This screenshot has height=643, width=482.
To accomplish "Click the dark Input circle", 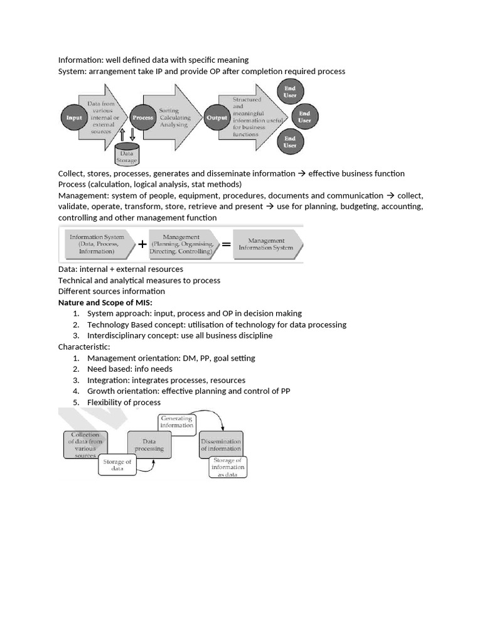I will (74, 117).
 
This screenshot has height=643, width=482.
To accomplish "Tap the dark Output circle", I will (215, 117).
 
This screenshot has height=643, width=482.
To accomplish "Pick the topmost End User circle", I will (289, 92).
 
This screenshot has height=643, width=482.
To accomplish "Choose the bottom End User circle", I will (289, 141).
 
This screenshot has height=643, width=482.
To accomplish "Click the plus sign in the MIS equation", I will (142, 244).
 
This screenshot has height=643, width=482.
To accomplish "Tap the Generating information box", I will (176, 422).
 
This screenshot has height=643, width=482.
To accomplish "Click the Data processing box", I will (149, 445).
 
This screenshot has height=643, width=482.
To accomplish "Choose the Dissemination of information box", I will (220, 445).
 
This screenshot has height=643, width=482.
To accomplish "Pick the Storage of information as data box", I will (227, 468).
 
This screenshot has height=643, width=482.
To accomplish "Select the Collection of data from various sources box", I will (85, 445).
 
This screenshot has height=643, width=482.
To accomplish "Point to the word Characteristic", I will (84, 347).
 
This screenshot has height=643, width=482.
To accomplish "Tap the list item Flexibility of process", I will (124, 403).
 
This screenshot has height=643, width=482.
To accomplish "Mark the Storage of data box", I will (117, 465).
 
